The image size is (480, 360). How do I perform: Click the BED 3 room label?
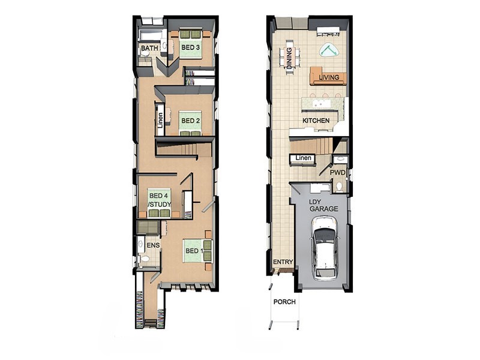click(190, 47)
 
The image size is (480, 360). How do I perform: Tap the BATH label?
click(149, 48)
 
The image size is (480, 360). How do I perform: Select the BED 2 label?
click(190, 121)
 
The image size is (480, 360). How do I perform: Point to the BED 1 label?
click(194, 251)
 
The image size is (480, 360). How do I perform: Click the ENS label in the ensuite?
click(153, 245)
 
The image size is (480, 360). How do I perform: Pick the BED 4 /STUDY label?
click(160, 200)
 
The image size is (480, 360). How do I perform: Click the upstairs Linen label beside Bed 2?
click(160, 121)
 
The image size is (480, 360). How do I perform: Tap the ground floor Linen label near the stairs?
click(304, 158)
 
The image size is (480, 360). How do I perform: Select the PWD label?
click(338, 173)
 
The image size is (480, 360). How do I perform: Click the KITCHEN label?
click(316, 121)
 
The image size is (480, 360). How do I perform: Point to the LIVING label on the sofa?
click(329, 77)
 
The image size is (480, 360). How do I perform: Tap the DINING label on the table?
click(289, 58)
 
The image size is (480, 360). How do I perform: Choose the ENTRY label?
click(283, 262)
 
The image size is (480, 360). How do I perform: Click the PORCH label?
click(284, 302)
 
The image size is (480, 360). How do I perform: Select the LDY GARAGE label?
click(324, 206)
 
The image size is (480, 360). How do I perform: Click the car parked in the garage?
click(325, 248)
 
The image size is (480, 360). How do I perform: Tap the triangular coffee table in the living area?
click(329, 50)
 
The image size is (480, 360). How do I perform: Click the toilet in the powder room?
click(339, 187)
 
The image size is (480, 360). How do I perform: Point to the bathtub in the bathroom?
click(150, 35)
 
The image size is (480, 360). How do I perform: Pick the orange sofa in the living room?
click(328, 76)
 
